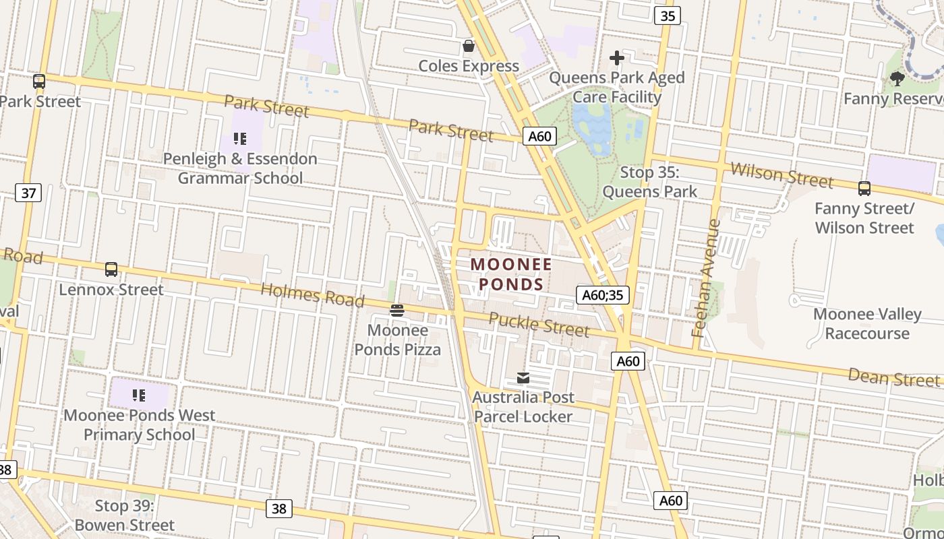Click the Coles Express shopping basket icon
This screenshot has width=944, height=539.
click(468, 46)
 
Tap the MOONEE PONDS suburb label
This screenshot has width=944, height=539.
click(511, 274)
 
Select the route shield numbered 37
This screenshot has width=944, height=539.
click(28, 193)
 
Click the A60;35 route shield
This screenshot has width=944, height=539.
click(603, 295)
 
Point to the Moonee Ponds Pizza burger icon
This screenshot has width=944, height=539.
click(397, 311)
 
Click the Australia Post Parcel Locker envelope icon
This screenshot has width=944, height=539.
click(523, 378)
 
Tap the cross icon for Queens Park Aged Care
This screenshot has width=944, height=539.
click(616, 59)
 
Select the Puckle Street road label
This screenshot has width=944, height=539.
click(539, 324)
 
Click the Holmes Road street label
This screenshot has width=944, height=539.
click(312, 294)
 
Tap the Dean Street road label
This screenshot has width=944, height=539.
click(893, 377)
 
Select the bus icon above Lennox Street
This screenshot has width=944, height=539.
click(111, 269)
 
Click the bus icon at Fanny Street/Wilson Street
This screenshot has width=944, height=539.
click(864, 189)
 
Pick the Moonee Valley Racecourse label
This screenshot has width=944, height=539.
click(866, 323)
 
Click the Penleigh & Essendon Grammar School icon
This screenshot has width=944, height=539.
click(240, 139)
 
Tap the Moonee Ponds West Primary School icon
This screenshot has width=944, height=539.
click(139, 395)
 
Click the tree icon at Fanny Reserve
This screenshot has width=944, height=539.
click(897, 79)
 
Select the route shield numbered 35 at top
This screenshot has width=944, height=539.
click(666, 15)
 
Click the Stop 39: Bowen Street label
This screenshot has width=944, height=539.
click(125, 515)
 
